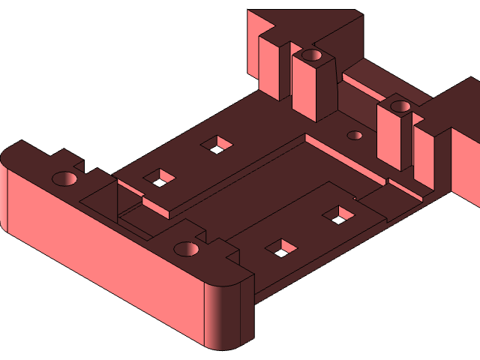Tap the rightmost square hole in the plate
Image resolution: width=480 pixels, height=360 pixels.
[339, 215]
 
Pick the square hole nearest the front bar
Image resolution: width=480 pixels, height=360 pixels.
[282, 248]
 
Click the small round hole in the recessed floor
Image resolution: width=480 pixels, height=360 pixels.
[355, 136]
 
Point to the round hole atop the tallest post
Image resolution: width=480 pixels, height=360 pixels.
[311, 55]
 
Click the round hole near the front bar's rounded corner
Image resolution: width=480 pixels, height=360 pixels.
[185, 248]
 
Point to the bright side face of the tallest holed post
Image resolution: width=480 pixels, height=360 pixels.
[301, 86]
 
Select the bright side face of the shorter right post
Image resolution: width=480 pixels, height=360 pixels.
[388, 139]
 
